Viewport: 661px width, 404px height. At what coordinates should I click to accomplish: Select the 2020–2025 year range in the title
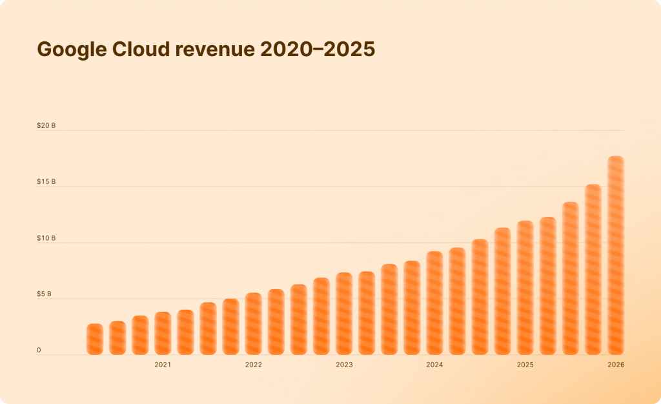[318, 50]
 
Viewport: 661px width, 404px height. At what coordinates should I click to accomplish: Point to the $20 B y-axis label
[46, 125]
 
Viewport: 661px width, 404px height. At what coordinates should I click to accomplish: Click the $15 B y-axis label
[46, 181]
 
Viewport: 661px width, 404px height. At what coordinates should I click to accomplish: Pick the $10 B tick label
[46, 238]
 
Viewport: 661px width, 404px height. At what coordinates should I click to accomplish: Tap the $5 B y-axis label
[45, 294]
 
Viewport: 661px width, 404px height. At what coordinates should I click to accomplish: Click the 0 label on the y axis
[39, 350]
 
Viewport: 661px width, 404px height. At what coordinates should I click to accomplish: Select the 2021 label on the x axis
[163, 365]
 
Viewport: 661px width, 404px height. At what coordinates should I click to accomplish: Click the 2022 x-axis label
[253, 365]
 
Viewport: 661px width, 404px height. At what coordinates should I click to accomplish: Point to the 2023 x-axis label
[344, 365]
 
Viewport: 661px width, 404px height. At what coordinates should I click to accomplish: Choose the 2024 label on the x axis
[434, 365]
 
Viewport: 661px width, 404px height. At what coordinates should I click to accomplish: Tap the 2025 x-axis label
[525, 365]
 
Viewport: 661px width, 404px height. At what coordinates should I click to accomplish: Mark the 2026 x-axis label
[616, 365]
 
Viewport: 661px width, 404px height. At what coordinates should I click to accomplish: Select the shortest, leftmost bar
[95, 339]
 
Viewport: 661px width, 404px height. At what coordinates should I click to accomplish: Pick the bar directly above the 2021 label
[163, 334]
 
